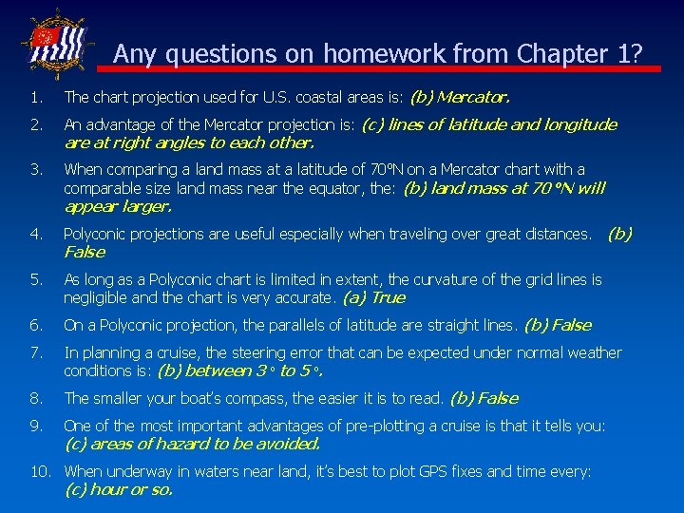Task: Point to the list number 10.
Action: click(40, 471)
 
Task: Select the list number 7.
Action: click(36, 352)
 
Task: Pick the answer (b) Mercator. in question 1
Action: click(460, 97)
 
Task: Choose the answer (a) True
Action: click(373, 297)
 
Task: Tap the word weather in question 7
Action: click(595, 352)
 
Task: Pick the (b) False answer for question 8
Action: click(484, 398)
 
